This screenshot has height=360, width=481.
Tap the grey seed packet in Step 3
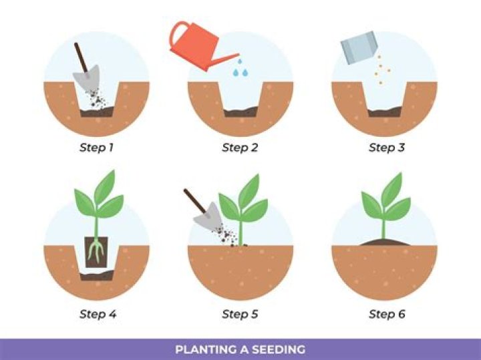click(x=359, y=47)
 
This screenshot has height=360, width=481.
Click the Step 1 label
click(x=96, y=148)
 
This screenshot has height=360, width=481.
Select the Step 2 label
click(x=240, y=148)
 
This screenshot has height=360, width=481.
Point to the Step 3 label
click(x=387, y=148)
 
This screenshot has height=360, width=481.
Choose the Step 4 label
click(x=98, y=314)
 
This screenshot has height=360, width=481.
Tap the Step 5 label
click(x=240, y=314)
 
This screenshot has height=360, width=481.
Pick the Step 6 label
click(x=387, y=314)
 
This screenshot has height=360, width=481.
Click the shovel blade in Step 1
click(x=88, y=77)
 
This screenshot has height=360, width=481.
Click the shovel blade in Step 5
click(x=208, y=216)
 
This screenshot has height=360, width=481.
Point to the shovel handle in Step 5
click(x=195, y=201)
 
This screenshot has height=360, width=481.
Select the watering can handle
click(x=177, y=34)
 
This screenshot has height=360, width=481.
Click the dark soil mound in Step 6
click(x=384, y=242)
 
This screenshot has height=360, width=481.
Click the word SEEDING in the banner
click(x=279, y=349)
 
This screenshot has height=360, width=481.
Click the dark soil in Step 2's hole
click(x=240, y=112)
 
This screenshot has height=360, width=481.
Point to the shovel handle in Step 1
click(x=82, y=57)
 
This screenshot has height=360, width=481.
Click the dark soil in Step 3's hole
click(x=384, y=112)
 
